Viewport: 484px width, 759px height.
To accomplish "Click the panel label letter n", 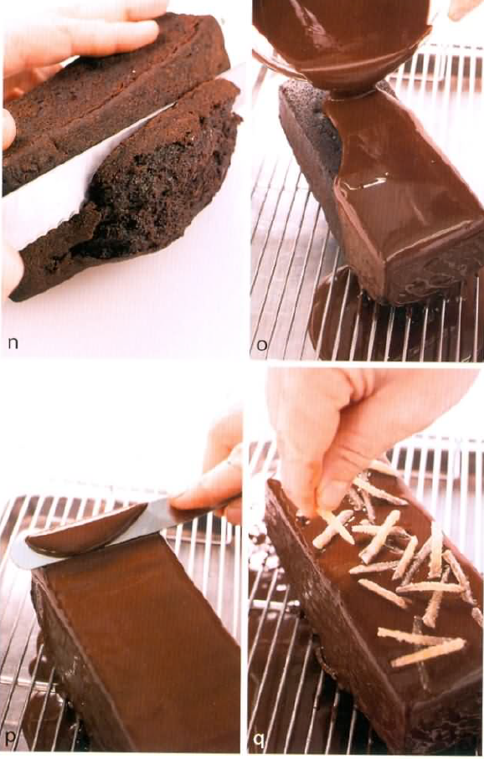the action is coord(13,343).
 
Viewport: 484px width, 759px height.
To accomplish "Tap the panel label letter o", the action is coord(262,344).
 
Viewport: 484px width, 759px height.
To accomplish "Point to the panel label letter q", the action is coord(260,740).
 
